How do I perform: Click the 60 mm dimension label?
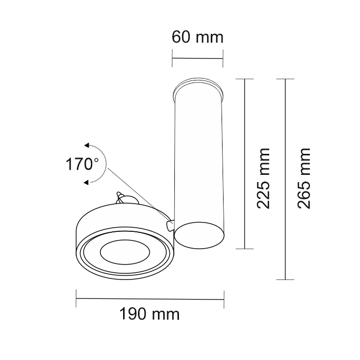point(197,37)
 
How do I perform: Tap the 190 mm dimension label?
point(149,314)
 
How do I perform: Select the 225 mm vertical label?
point(264,178)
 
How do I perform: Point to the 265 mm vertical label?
point(304,178)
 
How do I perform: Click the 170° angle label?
point(82,164)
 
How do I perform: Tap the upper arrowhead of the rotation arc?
point(87,145)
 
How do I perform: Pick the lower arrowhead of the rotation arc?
point(86,183)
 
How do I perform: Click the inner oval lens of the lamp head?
point(125,252)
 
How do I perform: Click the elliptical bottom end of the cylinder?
point(199,235)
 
